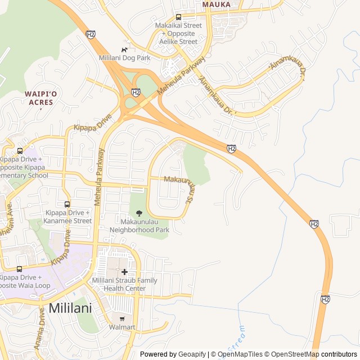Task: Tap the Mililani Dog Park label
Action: coord(124,58)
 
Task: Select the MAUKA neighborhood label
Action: coord(217,4)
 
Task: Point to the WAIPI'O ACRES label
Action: coord(39,98)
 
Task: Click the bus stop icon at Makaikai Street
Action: coord(178,17)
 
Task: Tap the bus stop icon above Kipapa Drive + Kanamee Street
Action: coord(67,204)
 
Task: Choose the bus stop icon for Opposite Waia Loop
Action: coord(20,269)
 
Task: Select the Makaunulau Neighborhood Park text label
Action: coord(139,226)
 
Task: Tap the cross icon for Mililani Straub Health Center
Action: coord(124,272)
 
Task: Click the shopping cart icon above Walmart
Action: coord(122,318)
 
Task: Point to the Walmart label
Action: coord(122,327)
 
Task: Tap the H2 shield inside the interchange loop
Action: coord(136,92)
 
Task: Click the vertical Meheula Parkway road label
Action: coord(99,176)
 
